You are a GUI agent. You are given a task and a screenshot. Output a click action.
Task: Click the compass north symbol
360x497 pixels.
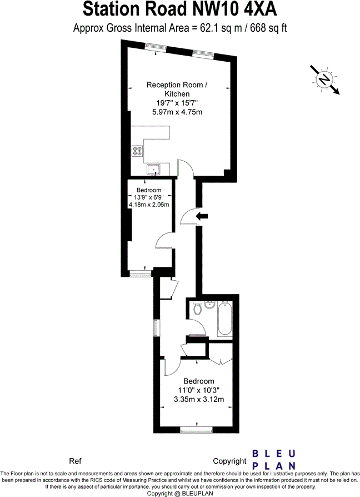(324, 79)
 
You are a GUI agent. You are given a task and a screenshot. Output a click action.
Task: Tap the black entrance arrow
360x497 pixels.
(203, 216)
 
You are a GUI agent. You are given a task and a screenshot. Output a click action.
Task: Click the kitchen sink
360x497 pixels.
(153, 169)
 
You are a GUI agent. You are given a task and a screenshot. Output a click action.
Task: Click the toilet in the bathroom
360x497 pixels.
(196, 310)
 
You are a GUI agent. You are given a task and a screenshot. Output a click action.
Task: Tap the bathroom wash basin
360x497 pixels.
(209, 305)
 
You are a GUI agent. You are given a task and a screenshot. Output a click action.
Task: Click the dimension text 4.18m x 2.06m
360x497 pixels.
(148, 204)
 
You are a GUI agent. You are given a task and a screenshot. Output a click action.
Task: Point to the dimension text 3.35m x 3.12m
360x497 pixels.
(199, 399)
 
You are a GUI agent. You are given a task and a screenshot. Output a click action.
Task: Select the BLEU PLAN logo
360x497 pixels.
(274, 459)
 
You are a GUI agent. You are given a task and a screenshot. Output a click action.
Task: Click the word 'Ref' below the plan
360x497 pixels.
(75, 461)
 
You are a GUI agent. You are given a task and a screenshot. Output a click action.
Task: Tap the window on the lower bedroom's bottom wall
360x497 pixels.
(196, 430)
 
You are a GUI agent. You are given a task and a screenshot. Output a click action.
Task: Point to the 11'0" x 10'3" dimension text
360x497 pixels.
(199, 390)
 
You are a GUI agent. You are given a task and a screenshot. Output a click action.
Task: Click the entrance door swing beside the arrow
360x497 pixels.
(187, 216)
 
